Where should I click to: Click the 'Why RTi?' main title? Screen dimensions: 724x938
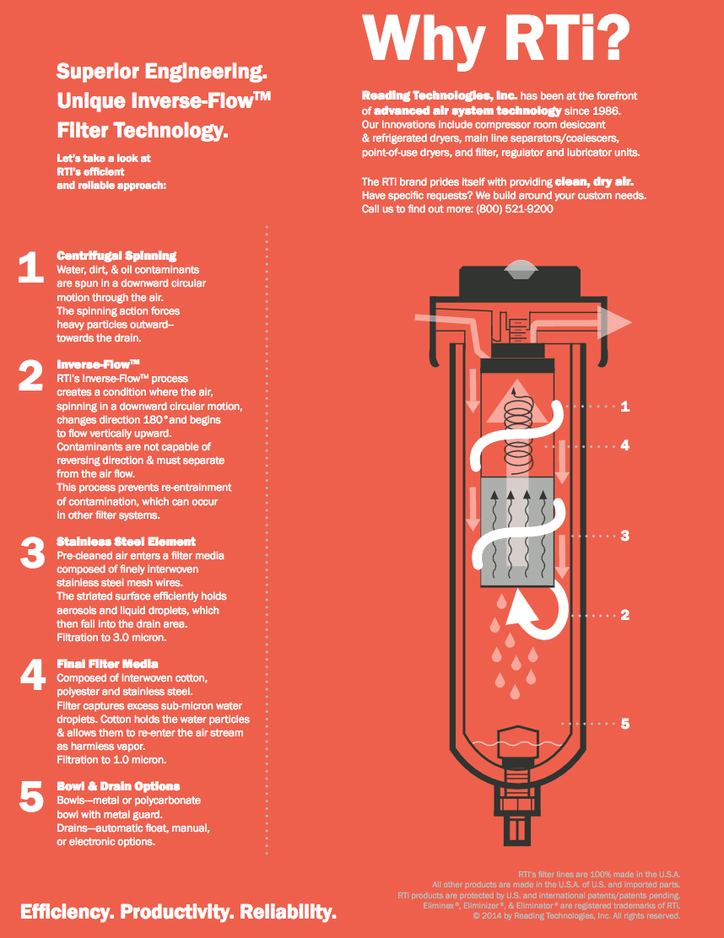496,39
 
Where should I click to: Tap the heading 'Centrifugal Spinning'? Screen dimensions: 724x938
116,256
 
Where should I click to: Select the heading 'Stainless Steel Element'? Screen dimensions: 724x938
127,542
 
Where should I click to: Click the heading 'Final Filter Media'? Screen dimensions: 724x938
108,663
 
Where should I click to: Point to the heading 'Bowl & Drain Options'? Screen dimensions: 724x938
118,786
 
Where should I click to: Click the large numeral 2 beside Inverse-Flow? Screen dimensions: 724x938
30,375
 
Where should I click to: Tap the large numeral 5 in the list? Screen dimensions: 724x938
31,797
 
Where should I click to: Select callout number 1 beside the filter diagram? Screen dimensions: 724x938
624,407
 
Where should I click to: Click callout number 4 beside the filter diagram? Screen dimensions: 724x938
624,445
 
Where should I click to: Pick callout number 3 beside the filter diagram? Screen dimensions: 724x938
624,536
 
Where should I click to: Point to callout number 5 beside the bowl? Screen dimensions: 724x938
624,724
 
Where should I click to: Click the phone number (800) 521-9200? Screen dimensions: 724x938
515,209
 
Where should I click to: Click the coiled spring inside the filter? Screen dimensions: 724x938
518,428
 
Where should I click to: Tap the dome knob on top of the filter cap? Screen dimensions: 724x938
520,269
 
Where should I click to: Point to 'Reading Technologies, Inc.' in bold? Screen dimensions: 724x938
440,95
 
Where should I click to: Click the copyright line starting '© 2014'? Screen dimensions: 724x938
576,916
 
